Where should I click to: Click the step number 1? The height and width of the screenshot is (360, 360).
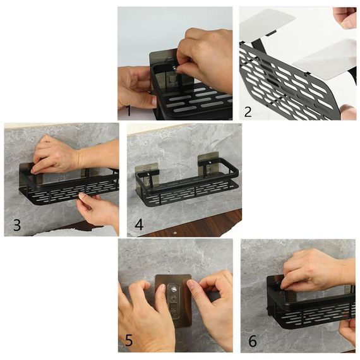coord(129,111)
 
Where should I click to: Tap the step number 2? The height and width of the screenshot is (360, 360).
coord(248,112)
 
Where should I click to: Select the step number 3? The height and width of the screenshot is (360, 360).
coord(17,225)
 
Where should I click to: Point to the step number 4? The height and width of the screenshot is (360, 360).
coord(139,225)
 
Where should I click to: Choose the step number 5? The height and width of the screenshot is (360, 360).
coord(129,340)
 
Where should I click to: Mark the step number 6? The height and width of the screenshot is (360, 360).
coord(253,341)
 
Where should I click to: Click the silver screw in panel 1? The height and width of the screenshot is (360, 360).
coord(175,68)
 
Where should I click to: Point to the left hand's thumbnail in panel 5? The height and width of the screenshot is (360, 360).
coord(162,287)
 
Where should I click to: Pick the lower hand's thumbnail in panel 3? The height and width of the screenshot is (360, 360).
coord(82,196)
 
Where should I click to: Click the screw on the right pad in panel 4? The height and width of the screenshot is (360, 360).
coord(209,162)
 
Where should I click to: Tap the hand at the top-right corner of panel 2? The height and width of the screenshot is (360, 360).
coord(345,18)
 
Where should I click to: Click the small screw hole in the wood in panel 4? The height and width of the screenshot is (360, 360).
coord(175,232)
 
